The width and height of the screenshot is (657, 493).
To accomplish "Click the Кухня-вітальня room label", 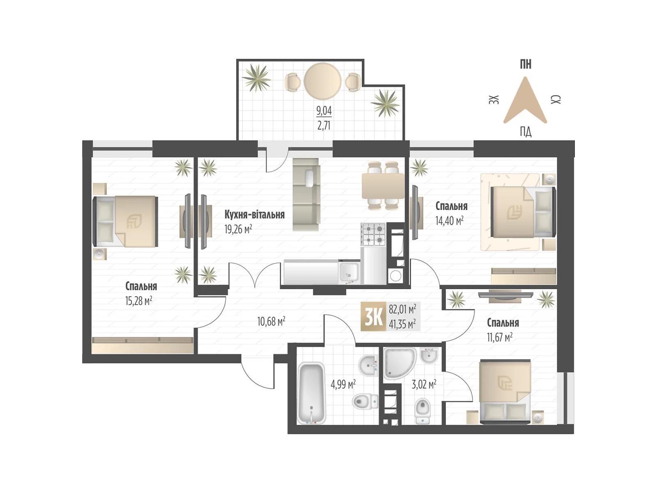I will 254,214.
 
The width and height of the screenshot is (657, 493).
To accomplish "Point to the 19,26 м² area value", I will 238,229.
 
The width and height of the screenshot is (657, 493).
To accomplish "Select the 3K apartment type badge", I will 373,316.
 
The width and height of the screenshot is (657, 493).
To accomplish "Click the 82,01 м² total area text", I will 402,309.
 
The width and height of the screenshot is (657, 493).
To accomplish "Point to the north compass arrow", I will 525,101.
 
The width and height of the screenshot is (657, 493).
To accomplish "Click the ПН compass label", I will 525,65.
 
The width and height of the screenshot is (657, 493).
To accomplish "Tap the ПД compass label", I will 525,132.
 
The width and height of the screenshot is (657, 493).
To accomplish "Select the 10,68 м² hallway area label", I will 271,321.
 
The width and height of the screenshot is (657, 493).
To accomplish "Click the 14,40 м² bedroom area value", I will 449,221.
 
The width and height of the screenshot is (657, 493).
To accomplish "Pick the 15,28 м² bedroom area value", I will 138,301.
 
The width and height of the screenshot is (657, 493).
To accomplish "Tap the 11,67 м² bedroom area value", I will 499,338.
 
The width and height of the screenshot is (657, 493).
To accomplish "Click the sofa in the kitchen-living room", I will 306,194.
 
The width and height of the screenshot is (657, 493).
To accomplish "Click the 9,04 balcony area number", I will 324,111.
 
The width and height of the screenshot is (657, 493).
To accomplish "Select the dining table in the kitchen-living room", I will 383,186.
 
